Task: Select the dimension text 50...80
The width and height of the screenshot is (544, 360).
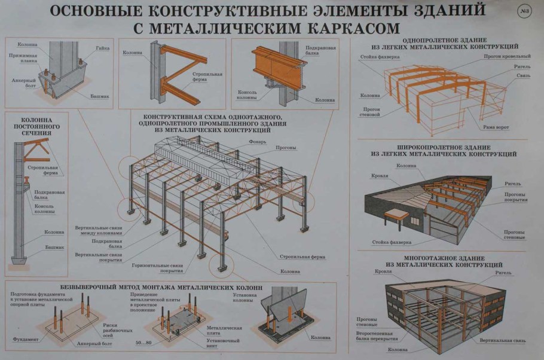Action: tap(143, 343)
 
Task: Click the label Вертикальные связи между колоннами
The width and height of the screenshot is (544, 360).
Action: tap(95, 231)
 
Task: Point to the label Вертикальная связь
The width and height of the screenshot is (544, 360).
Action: tap(502, 340)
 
